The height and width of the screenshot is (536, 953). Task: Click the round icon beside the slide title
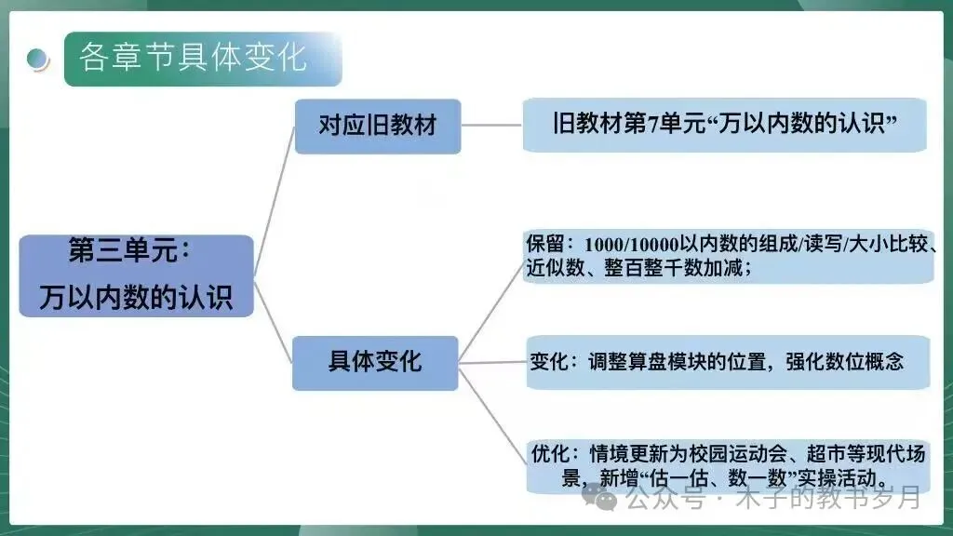point(38,59)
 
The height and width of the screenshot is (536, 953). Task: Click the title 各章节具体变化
point(193,57)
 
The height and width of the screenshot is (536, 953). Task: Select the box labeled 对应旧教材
point(377,126)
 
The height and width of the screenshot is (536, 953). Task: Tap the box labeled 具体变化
point(375,361)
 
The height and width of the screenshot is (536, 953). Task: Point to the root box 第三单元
point(136,275)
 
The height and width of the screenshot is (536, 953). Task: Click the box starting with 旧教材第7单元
point(724,125)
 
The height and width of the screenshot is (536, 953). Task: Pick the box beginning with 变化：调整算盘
point(727,361)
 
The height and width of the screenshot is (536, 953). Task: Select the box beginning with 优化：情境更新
point(727,466)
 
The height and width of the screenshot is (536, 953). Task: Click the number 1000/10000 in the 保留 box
point(632,244)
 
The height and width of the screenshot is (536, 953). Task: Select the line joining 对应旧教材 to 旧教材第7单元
point(491,125)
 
